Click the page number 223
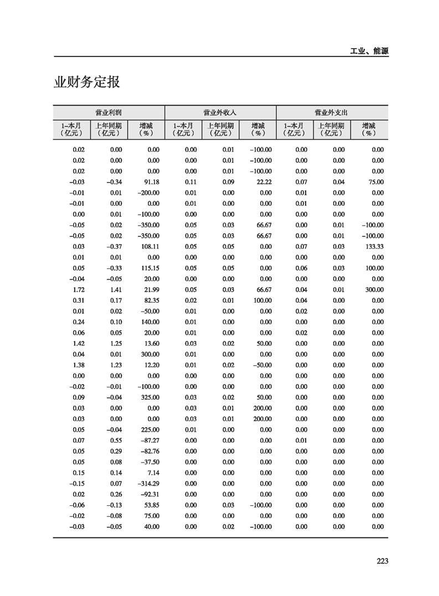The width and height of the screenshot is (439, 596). (x=382, y=561)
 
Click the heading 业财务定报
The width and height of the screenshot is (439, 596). (x=87, y=83)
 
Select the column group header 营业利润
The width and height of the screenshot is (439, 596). (x=109, y=112)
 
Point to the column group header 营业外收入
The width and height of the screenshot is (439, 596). (x=220, y=112)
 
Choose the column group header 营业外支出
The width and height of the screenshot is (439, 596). (x=331, y=112)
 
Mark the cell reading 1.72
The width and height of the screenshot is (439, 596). (x=79, y=290)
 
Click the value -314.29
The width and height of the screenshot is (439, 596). (x=148, y=484)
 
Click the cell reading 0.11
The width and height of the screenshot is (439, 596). (x=190, y=182)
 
